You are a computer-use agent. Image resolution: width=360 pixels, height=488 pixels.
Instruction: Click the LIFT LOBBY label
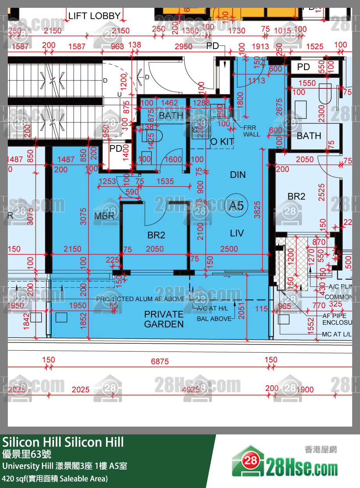point(94,16)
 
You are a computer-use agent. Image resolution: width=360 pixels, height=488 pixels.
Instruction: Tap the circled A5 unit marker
point(236,205)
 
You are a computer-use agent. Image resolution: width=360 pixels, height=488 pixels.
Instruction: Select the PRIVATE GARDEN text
point(164,319)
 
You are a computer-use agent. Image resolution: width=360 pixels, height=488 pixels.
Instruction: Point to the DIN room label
point(238,175)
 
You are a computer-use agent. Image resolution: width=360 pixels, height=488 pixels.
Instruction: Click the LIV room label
point(237,233)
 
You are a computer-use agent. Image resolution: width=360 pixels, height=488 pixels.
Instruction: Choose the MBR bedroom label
point(104,216)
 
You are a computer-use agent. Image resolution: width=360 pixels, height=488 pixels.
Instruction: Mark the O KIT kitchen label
point(222,142)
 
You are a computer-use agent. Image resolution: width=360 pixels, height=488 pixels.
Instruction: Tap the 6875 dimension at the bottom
point(160,362)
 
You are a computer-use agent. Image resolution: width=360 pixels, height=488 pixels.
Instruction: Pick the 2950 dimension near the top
point(183,47)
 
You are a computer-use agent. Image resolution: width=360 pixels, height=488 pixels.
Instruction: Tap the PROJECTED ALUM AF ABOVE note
point(140,299)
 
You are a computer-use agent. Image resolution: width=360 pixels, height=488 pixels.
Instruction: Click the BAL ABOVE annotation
point(214,319)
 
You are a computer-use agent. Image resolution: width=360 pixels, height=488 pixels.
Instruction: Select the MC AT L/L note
point(337,334)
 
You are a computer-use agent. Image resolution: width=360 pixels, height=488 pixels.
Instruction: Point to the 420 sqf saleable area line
point(55,478)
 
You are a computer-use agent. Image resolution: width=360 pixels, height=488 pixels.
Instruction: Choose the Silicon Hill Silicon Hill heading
point(63,442)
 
